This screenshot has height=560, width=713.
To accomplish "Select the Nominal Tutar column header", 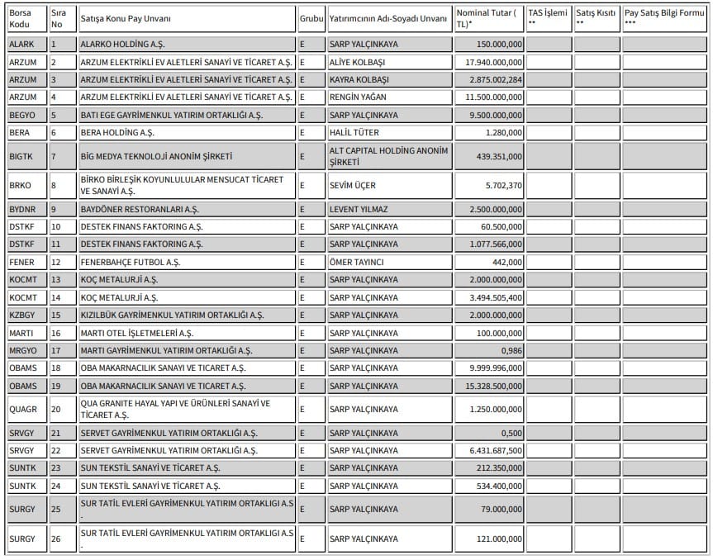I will click(x=488, y=18).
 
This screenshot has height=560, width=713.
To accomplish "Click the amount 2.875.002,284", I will click(x=490, y=79).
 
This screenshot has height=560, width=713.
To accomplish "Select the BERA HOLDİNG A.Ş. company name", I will click(x=117, y=132).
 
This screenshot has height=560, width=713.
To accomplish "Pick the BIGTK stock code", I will click(x=21, y=155).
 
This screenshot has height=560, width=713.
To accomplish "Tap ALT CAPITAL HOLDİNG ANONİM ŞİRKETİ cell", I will click(x=388, y=155).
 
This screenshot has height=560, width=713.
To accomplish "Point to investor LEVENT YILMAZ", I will click(x=359, y=209).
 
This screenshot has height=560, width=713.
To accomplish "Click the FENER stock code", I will click(x=22, y=262).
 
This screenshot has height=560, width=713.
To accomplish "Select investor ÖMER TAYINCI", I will click(x=357, y=262).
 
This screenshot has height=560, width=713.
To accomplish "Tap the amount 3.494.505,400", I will click(x=490, y=297).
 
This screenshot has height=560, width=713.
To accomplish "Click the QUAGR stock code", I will click(x=23, y=409).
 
